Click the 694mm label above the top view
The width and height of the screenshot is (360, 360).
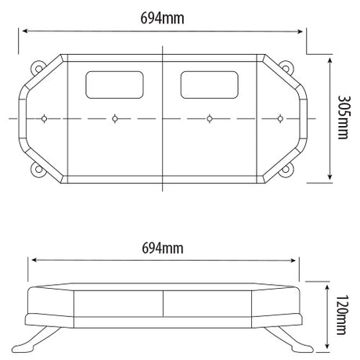point(162,19)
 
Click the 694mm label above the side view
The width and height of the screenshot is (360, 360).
point(163,248)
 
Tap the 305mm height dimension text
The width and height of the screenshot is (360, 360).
point(344,117)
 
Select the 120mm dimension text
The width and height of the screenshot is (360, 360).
point(342,315)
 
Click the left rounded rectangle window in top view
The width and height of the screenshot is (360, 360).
point(114,85)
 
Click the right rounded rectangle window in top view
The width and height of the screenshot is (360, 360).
point(210,85)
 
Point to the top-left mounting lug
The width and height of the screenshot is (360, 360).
point(38,68)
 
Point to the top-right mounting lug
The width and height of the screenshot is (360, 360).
point(286,68)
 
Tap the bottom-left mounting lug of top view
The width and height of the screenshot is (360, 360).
point(38,169)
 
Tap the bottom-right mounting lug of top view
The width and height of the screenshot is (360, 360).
point(286,169)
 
